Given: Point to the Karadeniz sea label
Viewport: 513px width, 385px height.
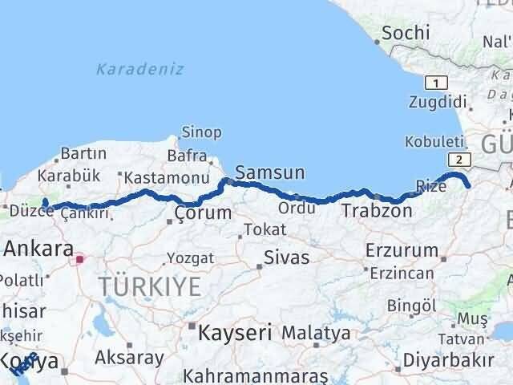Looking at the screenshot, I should click(140, 69).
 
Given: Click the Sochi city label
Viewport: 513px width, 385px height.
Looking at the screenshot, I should click(406, 33).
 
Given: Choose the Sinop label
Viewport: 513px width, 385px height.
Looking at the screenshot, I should click(202, 132).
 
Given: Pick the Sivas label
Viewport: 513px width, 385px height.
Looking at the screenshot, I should click(287, 258).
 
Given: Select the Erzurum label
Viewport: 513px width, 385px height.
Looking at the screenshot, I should click(399, 249).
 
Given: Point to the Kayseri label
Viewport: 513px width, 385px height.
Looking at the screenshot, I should click(235, 331).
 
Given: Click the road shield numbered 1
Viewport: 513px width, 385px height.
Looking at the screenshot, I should click(435, 83).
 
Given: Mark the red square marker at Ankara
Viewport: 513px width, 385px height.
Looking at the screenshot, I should click(79, 259).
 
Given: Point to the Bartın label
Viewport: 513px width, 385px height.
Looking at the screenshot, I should click(83, 153).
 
